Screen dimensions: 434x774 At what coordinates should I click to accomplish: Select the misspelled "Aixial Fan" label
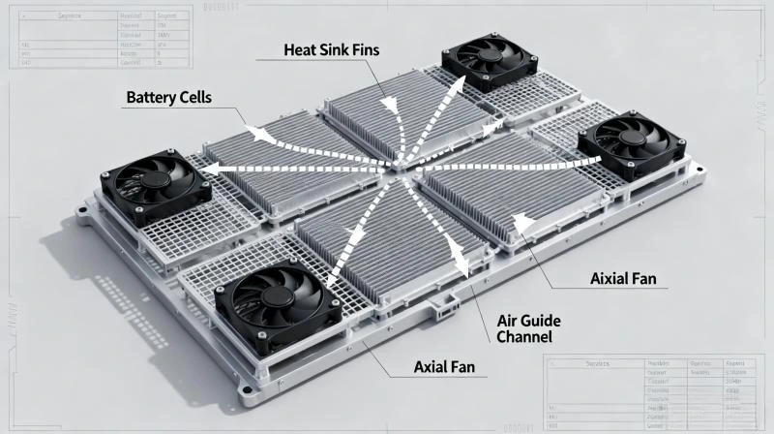click(x=623, y=279)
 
